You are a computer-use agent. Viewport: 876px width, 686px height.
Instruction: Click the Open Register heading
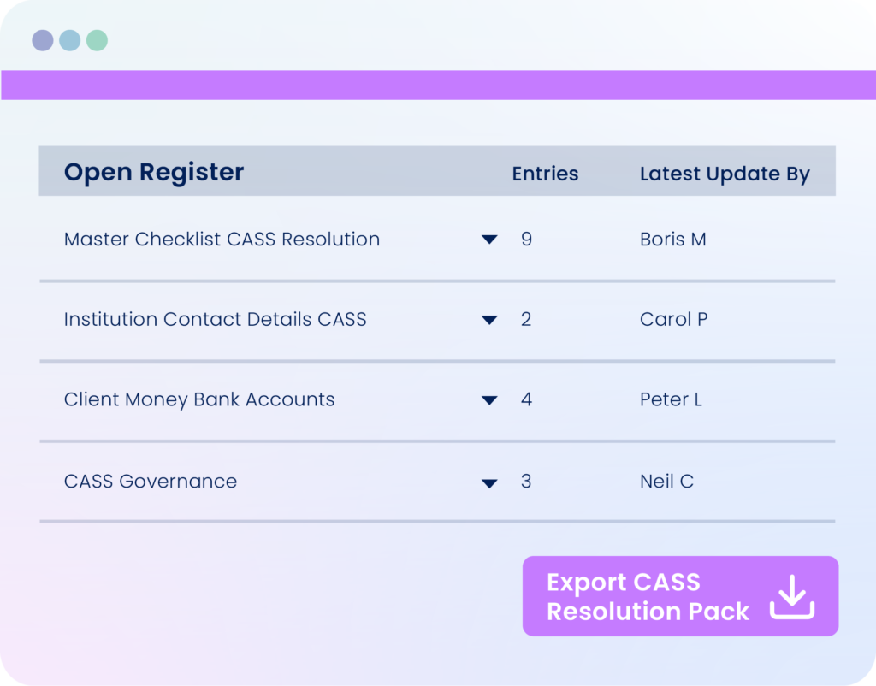click(154, 172)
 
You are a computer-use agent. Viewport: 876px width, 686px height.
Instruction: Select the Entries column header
click(545, 174)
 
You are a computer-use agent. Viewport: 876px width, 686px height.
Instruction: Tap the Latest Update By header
click(725, 174)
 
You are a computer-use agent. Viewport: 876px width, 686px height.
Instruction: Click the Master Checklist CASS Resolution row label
click(222, 240)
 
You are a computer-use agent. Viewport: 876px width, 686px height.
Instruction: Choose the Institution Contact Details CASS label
click(215, 319)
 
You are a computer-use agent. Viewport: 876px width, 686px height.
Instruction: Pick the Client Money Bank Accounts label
click(199, 399)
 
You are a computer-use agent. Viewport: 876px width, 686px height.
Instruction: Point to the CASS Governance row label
click(151, 481)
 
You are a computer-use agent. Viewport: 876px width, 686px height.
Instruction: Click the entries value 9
click(526, 240)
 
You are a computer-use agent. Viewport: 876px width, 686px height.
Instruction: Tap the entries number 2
click(526, 319)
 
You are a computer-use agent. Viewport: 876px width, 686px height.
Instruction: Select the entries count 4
click(526, 399)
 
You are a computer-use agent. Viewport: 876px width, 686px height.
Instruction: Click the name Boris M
click(672, 240)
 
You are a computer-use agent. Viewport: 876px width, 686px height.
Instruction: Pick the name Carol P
click(674, 319)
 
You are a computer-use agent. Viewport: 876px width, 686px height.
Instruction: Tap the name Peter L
click(671, 399)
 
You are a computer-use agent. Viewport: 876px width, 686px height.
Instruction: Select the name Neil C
click(666, 481)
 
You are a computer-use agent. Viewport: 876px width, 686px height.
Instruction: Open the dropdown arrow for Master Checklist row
click(489, 240)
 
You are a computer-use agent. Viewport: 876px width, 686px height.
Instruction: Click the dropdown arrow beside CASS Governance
click(489, 483)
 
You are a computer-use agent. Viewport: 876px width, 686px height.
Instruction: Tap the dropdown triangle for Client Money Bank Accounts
click(489, 400)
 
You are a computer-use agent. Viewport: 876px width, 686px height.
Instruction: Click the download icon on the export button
click(792, 597)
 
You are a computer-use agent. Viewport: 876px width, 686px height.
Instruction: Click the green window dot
click(98, 40)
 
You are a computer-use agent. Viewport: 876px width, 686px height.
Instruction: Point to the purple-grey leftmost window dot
click(43, 40)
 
